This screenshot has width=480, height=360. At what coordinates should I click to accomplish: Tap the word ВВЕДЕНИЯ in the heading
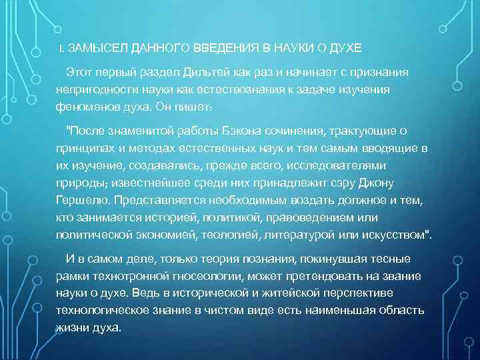pos(227,49)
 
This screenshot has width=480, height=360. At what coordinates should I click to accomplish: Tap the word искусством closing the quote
pos(395,235)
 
